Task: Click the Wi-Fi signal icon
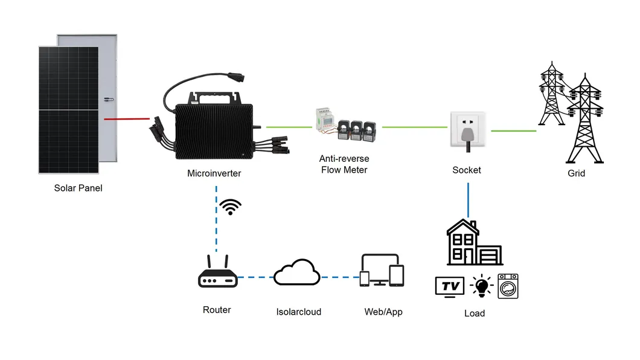coord(230,207)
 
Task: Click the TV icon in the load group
coord(450,286)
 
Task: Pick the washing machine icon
coord(508,286)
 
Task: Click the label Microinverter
coord(214,173)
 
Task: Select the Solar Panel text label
coord(78,188)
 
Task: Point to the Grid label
coord(577,173)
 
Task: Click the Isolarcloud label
coord(299,312)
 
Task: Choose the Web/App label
coord(383,312)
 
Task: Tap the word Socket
coord(467,170)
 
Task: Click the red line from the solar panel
coord(127,119)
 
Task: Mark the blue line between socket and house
coord(468,199)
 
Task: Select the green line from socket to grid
coord(513,130)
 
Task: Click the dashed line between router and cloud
coord(255,278)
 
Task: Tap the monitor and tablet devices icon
coord(382,271)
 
